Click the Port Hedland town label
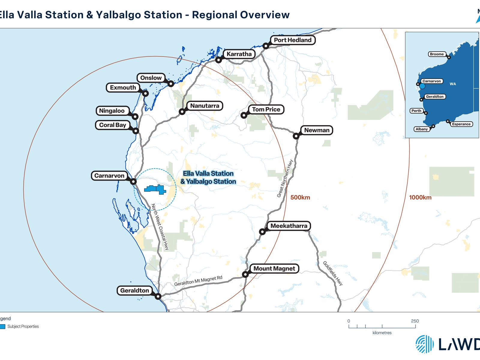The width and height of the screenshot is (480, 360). point(292,40)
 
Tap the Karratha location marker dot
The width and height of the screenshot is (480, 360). point(219,60)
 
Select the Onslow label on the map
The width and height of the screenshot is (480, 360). point(151,78)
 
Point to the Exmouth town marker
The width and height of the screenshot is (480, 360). point(145,93)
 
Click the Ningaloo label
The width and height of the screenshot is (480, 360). point(112,111)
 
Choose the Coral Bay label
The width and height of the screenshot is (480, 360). point(112,125)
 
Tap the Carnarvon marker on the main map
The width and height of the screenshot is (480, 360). point(133,181)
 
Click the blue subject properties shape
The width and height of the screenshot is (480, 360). point(155,189)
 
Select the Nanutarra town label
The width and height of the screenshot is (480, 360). point(205,106)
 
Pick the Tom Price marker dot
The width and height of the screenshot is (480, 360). point(244,115)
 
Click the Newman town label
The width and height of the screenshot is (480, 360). point(316,130)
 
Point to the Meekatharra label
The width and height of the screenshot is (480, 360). point(289,226)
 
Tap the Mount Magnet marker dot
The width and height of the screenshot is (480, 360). point(245,274)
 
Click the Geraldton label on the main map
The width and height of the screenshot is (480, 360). point(134,290)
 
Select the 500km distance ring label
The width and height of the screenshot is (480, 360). point(300,197)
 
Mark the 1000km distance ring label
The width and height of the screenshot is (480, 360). point(420,197)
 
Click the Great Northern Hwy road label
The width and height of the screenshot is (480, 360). point(285,178)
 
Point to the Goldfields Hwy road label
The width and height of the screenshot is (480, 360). point(332,273)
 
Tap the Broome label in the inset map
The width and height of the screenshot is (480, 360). point(436,54)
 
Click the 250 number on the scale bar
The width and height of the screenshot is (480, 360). point(415,321)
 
